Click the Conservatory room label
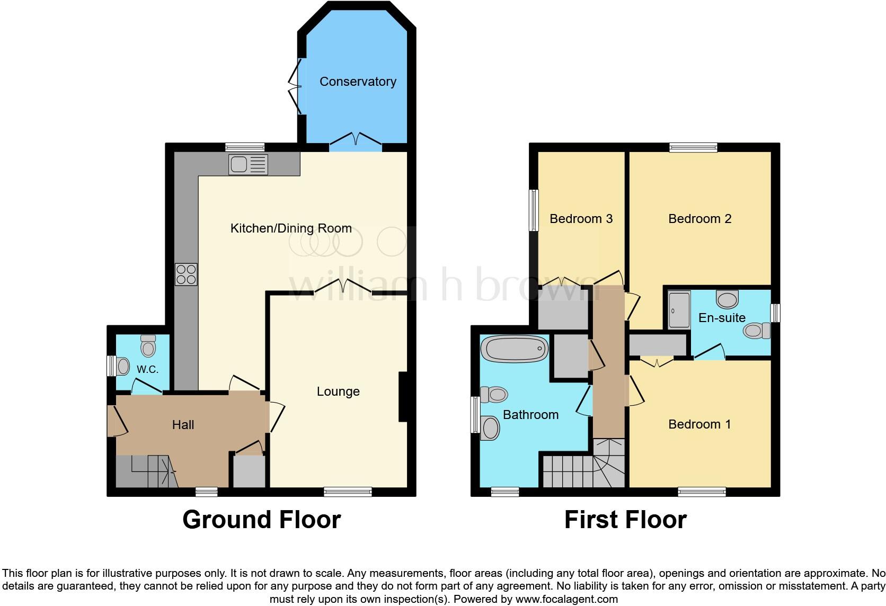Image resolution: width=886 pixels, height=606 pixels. coord(358,82)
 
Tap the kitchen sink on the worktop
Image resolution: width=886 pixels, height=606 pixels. coord(248,164)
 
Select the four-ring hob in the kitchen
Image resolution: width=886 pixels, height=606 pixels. coord(186,274)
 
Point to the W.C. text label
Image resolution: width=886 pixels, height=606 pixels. coord(147,370)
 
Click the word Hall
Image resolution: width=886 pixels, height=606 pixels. coord(183,425)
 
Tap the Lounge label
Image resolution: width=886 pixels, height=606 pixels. coord(338,391)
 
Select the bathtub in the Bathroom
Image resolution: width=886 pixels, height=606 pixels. coord(514,349)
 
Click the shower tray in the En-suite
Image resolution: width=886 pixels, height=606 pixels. coord(679,309)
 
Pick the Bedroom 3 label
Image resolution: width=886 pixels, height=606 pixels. coord(581,219)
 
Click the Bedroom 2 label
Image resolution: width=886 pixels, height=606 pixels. coord(699,219)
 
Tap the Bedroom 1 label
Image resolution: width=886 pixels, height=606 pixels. coord(699,424)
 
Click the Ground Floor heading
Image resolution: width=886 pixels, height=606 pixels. coord(261,520)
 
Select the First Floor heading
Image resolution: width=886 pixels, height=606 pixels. coord(625,520)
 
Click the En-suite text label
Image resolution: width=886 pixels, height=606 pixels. coord(722,318)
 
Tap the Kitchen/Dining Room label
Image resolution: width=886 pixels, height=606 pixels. coord(291,228)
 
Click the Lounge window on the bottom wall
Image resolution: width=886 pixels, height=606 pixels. coord(348,492)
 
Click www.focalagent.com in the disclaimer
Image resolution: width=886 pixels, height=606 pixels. coord(567,600)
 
